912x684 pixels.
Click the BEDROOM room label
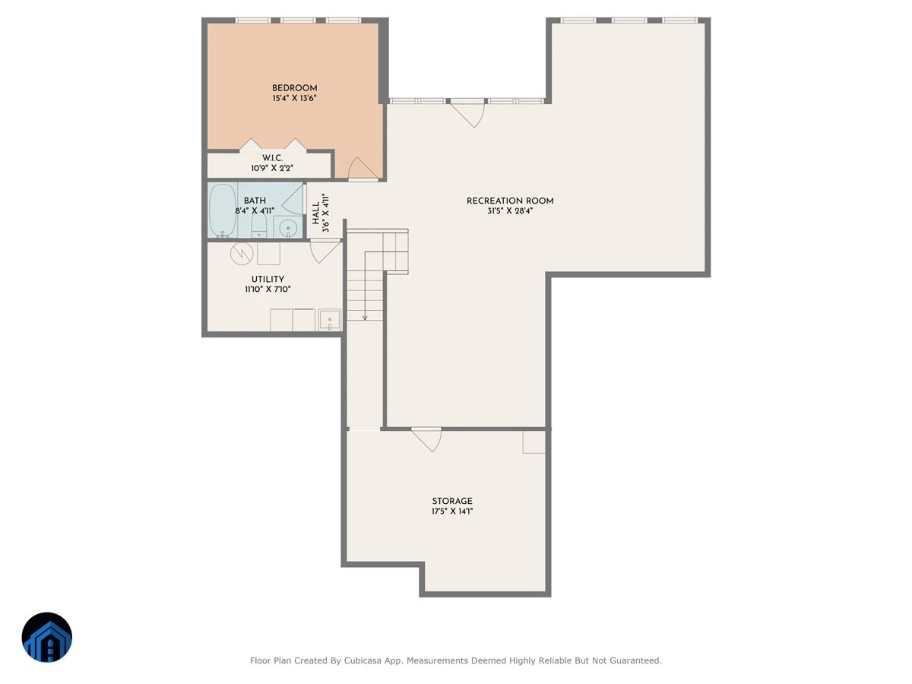(294, 88)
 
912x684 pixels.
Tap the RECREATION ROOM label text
(510, 201)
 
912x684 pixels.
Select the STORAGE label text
(452, 502)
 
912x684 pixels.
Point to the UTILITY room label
(268, 280)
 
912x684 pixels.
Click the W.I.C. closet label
(272, 158)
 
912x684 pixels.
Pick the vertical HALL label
(315, 213)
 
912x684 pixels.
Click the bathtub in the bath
(222, 211)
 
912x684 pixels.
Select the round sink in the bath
(288, 228)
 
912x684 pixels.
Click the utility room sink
(330, 320)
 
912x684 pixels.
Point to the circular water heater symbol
(242, 253)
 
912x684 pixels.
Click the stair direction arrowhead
(365, 318)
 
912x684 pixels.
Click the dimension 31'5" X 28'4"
(510, 211)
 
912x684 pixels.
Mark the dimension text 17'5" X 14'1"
(452, 511)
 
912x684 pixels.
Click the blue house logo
(47, 637)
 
